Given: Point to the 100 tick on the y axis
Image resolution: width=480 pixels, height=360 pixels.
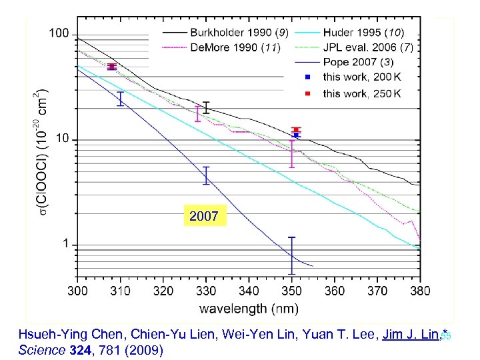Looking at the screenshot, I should (x=60, y=33).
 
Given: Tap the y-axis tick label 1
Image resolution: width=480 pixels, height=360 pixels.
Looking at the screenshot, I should (x=66, y=245).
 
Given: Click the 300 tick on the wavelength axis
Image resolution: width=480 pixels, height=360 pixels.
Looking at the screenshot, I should (x=77, y=291).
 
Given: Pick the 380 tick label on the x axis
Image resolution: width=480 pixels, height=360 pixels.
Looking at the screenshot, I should (x=419, y=291).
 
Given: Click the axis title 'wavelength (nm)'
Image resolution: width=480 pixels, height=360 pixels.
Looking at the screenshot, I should (x=249, y=308).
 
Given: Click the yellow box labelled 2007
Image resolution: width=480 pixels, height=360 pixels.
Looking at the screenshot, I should (x=204, y=217).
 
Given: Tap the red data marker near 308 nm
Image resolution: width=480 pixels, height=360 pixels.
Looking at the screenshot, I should (x=112, y=66).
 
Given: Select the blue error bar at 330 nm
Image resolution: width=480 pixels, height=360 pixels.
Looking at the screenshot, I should (x=206, y=175).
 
